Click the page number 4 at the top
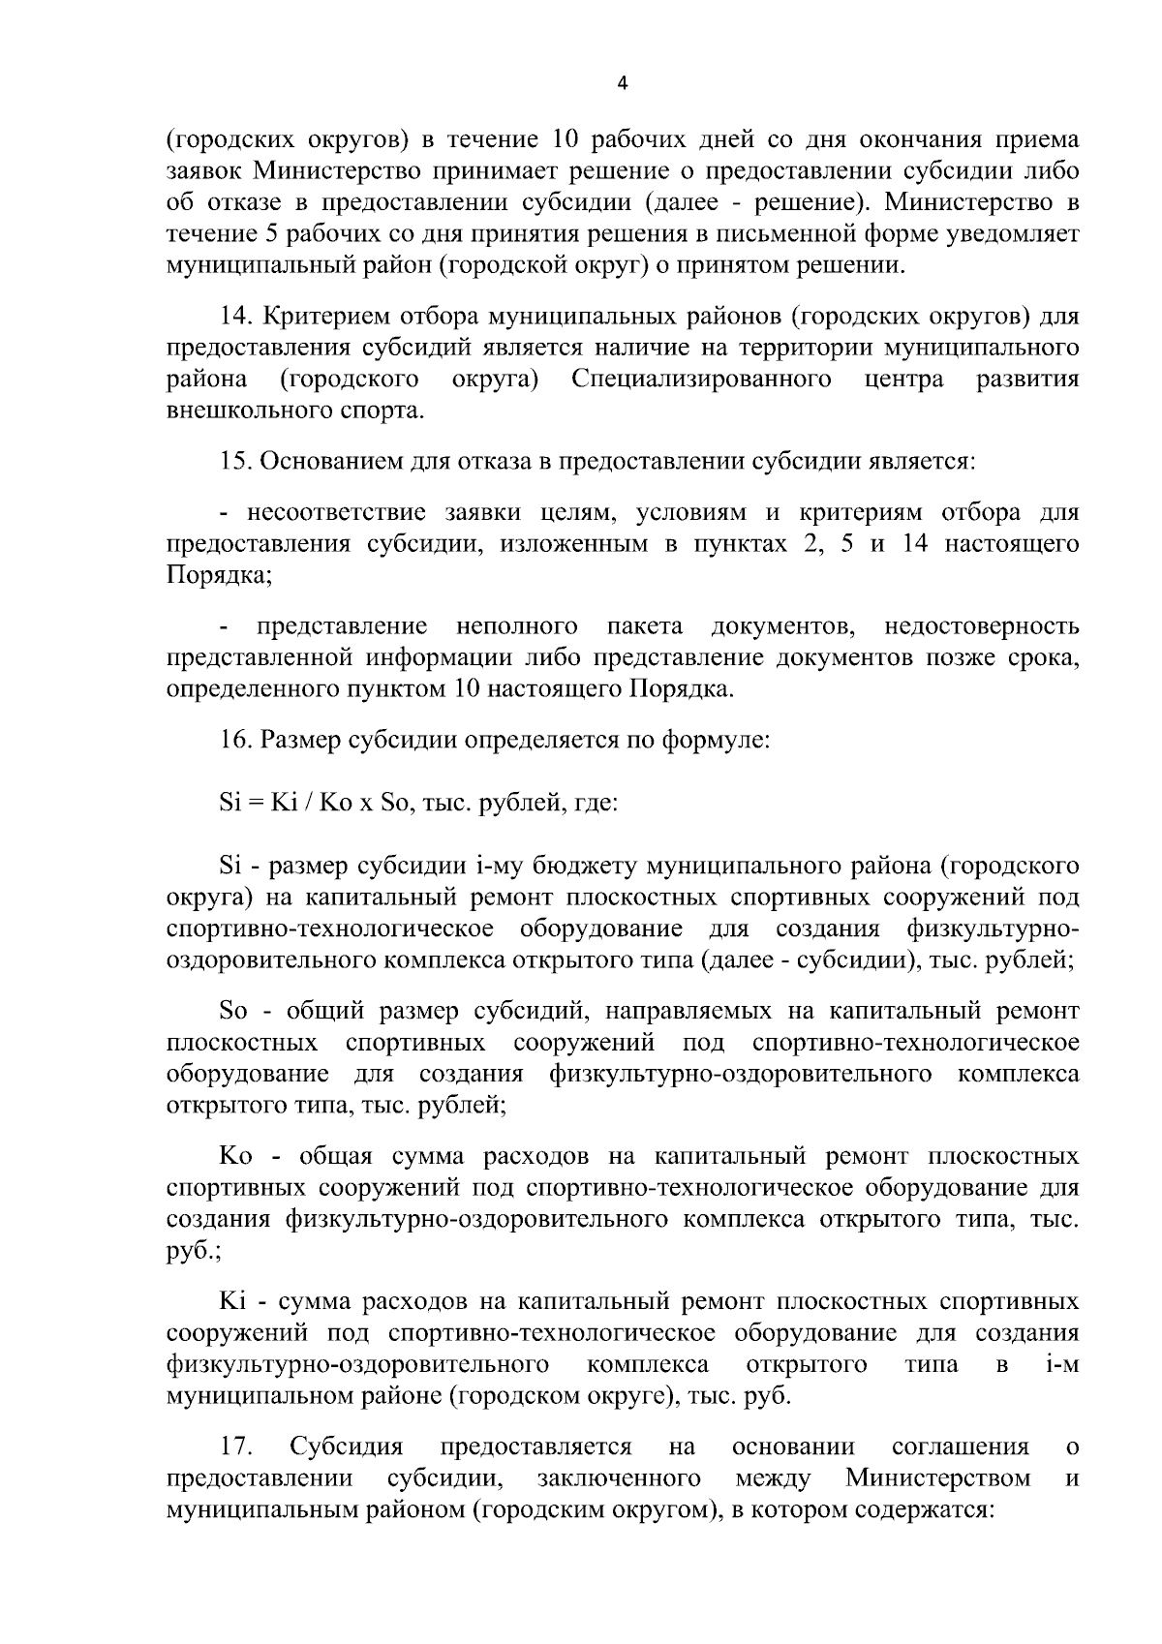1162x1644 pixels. (x=623, y=84)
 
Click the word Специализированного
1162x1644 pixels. (x=700, y=379)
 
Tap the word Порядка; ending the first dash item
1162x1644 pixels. (x=219, y=575)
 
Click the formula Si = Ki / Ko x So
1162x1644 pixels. (x=317, y=804)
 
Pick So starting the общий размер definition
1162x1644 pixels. (x=234, y=1012)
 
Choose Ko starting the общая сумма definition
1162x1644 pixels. (x=235, y=1157)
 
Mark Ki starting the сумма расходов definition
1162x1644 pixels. (x=232, y=1302)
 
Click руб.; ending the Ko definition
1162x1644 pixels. (x=194, y=1251)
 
